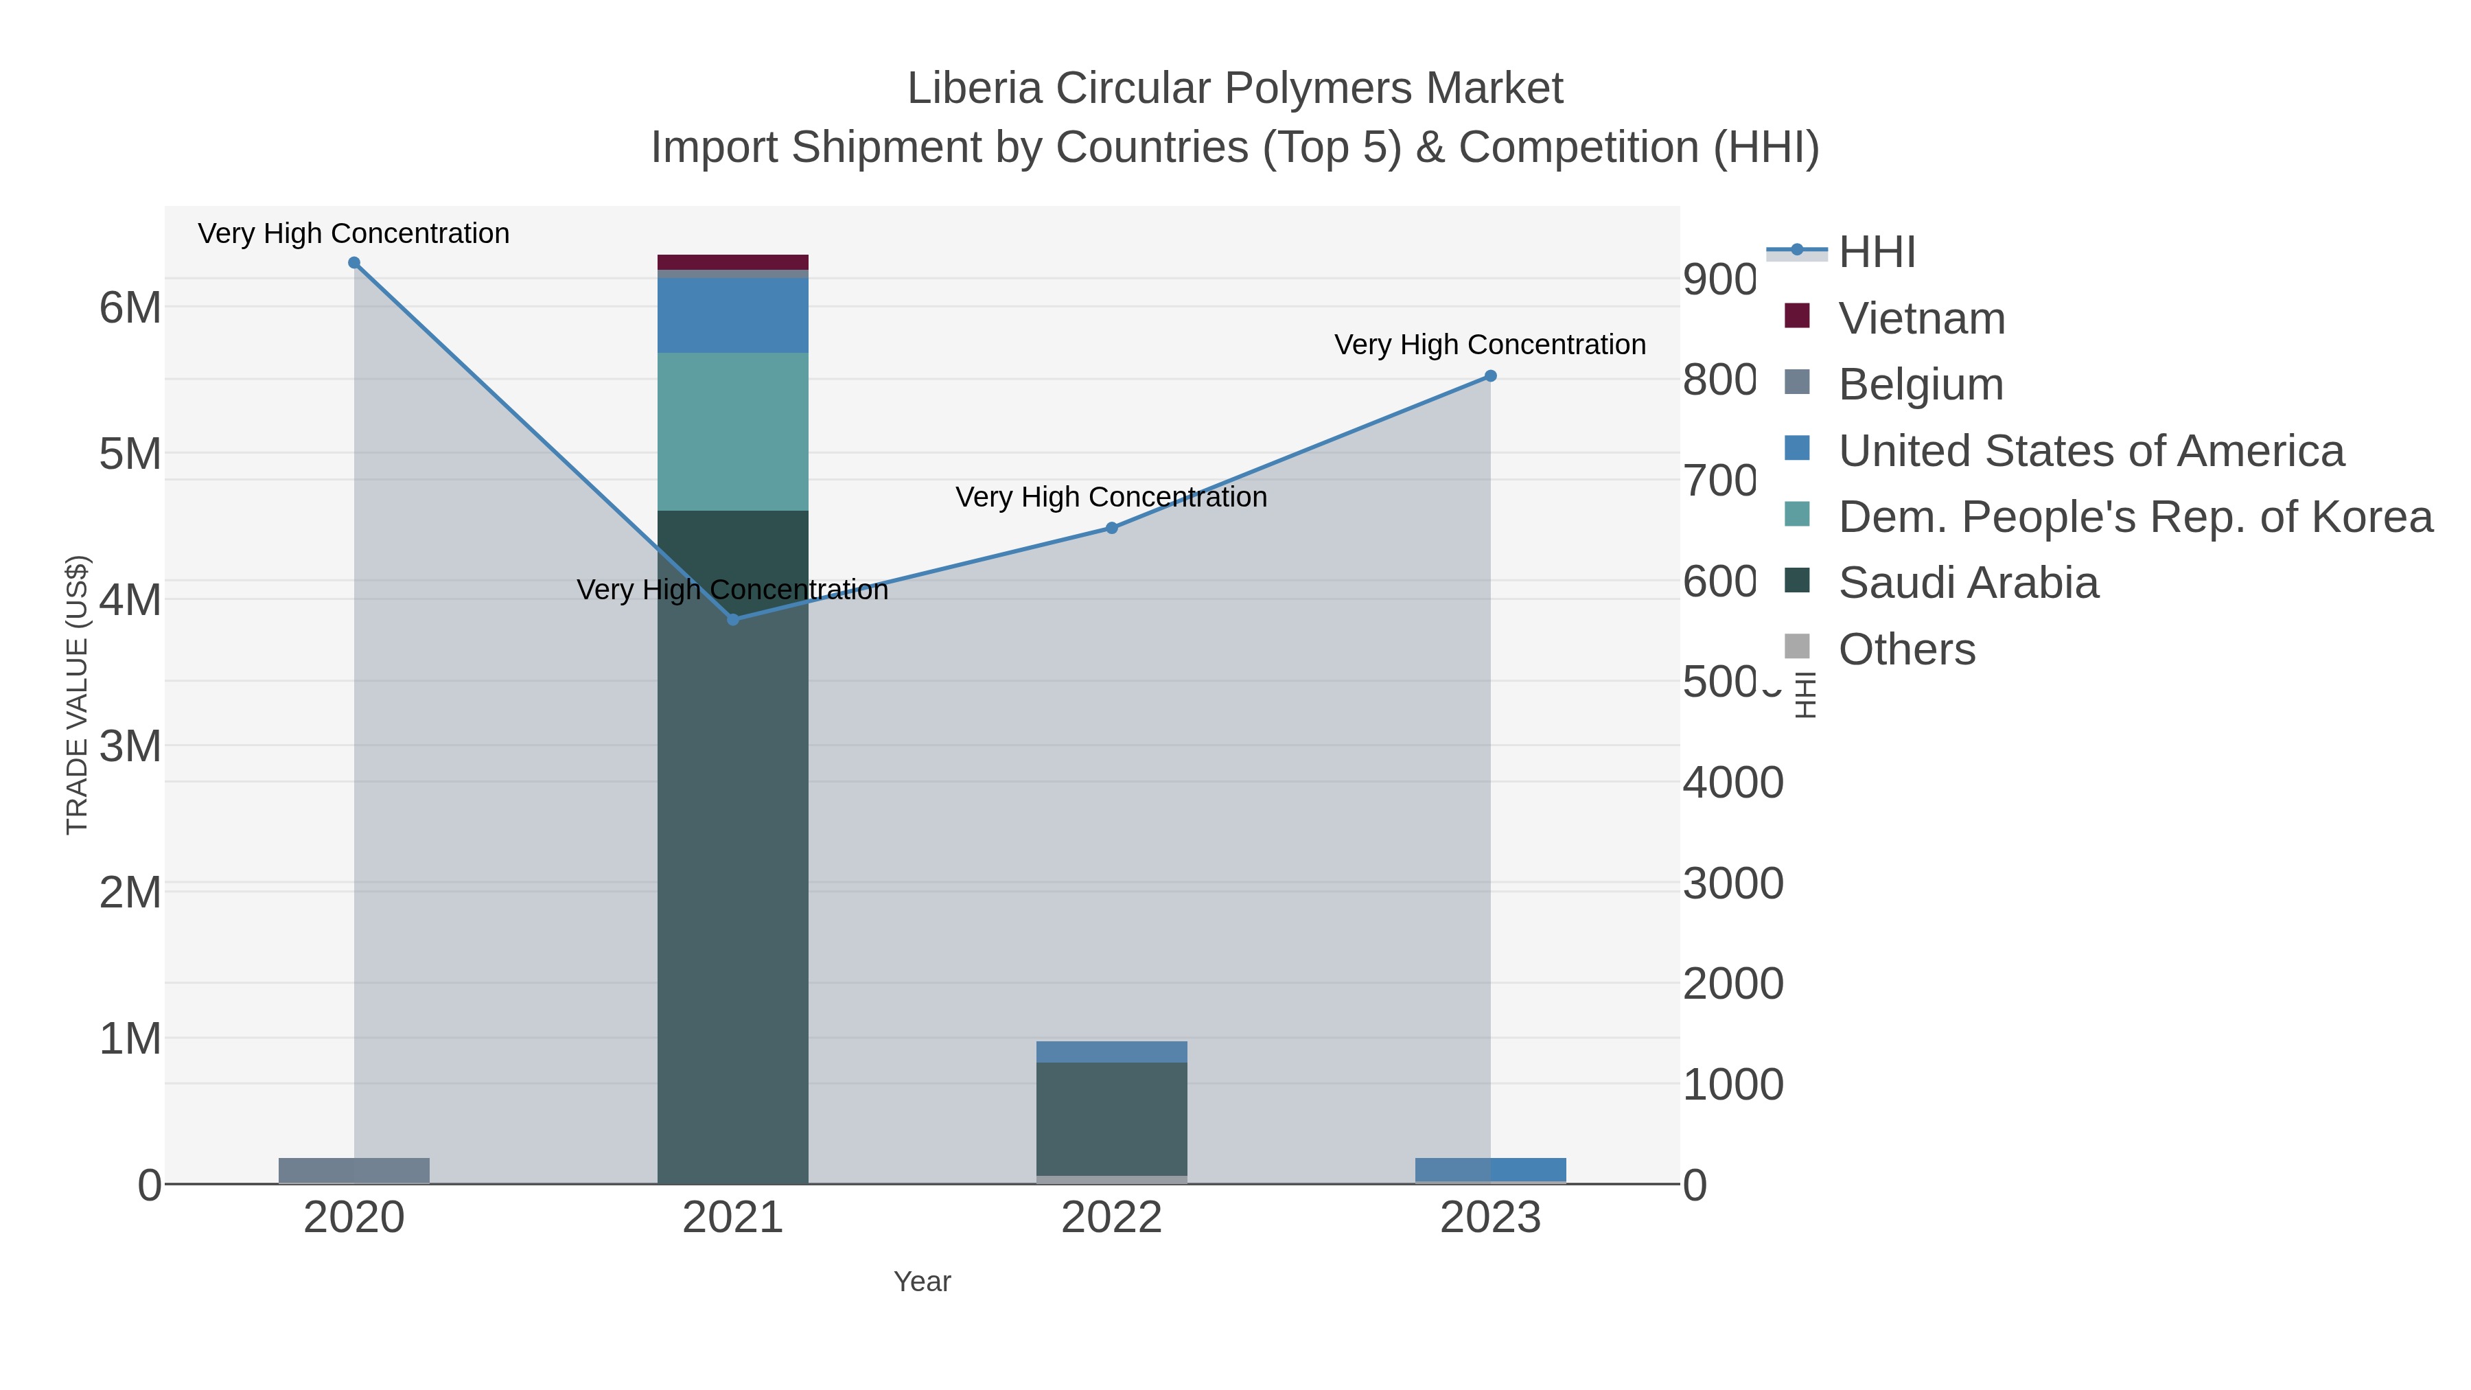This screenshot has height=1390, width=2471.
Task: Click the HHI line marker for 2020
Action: coord(354,263)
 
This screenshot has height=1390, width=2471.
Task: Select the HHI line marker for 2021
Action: coord(733,620)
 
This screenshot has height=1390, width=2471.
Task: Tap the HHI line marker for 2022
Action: coord(1112,528)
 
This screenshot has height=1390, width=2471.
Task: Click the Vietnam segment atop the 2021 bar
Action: coord(733,262)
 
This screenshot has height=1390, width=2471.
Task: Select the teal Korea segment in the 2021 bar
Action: coord(733,432)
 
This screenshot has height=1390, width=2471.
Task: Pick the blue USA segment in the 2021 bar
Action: coord(733,316)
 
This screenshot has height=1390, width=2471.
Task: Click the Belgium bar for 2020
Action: coord(354,1170)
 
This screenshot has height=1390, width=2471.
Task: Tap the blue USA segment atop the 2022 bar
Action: coord(1112,1052)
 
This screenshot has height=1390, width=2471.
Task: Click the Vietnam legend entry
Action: coord(1921,318)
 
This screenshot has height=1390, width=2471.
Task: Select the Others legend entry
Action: coord(1906,649)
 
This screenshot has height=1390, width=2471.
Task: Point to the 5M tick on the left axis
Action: coord(130,454)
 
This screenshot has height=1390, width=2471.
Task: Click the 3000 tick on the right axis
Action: coord(1732,883)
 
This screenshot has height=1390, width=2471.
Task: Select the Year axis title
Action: coord(922,1282)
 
